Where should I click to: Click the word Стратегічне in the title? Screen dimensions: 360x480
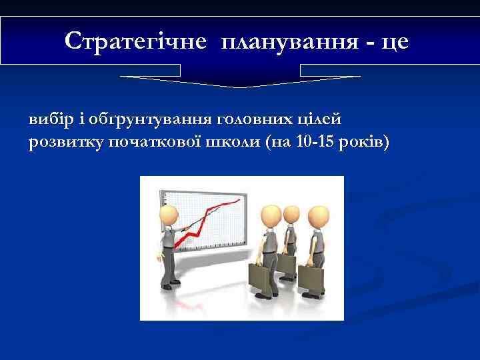pos(136,41)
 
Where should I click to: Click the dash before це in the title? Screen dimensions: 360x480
pos(368,43)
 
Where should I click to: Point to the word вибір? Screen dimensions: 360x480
pos(48,120)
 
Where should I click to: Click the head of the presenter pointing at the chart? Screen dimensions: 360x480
pos(168,216)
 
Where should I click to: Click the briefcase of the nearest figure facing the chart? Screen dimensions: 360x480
pos(261,277)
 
